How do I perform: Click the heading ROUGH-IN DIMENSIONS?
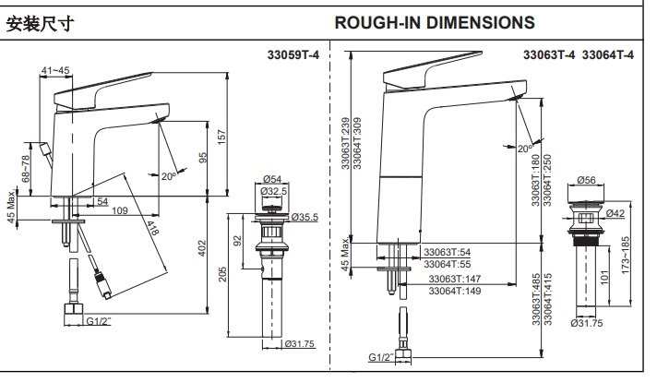(434, 22)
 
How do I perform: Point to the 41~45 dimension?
(54, 70)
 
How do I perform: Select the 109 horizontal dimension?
(119, 212)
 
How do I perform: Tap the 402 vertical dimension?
(203, 248)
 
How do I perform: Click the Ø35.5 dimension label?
(305, 218)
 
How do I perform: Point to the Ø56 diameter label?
(587, 181)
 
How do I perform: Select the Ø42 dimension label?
(615, 214)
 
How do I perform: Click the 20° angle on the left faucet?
(169, 175)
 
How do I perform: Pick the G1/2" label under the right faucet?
(380, 357)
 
